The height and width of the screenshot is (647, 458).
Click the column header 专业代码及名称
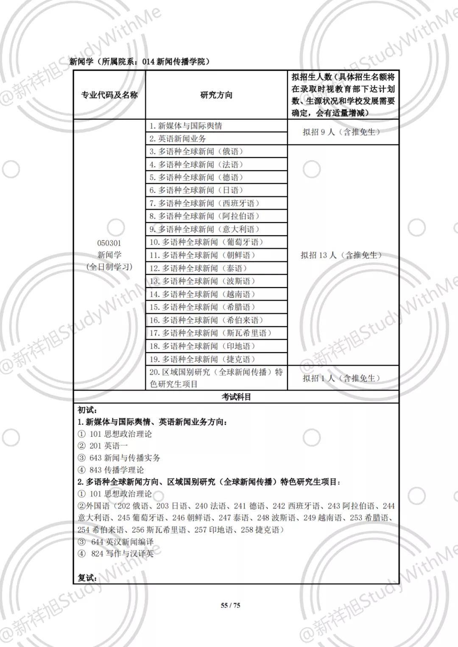[x=109, y=95]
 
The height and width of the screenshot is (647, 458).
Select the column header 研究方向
[x=216, y=95]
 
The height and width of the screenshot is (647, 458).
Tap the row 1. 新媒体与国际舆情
[x=186, y=126]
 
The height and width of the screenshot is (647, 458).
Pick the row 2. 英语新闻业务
[x=178, y=139]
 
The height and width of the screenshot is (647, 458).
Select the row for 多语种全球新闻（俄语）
[x=197, y=152]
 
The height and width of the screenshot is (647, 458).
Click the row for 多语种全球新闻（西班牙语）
[x=204, y=203]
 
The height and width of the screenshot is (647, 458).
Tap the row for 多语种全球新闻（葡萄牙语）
[x=207, y=242]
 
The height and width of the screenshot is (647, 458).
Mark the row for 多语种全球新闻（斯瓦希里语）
[x=210, y=333]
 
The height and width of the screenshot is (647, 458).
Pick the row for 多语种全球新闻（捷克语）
[x=203, y=359]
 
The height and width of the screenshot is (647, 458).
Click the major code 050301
[x=109, y=243]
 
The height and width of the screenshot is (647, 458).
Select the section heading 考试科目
[x=236, y=397]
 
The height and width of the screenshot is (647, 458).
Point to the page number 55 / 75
[x=230, y=605]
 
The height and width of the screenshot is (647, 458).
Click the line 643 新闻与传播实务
[x=125, y=458]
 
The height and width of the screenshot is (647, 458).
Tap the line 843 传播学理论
[x=117, y=470]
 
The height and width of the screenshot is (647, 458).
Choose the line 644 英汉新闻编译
[x=122, y=541]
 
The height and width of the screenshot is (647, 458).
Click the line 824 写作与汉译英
[x=122, y=553]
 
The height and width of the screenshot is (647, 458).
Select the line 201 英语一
[x=109, y=446]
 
